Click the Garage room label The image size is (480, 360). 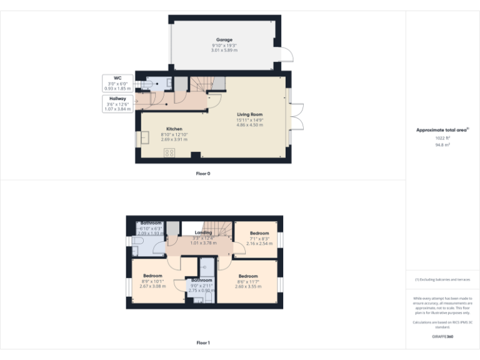coord(224,40)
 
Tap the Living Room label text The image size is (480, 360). coord(249,114)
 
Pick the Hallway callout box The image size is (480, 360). coord(117,104)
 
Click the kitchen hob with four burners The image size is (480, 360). coord(169,152)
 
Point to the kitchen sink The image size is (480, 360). coord(145,137)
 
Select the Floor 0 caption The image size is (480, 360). coord(203,173)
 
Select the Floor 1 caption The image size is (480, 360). coord(203,342)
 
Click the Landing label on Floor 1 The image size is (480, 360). coord(203,233)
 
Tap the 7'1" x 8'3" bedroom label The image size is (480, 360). coord(259,238)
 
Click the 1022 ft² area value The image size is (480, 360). coord(442,138)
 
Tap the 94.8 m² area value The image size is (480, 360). coord(442,144)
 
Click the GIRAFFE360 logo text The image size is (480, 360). coord(442,337)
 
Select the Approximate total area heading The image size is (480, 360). coord(442,130)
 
